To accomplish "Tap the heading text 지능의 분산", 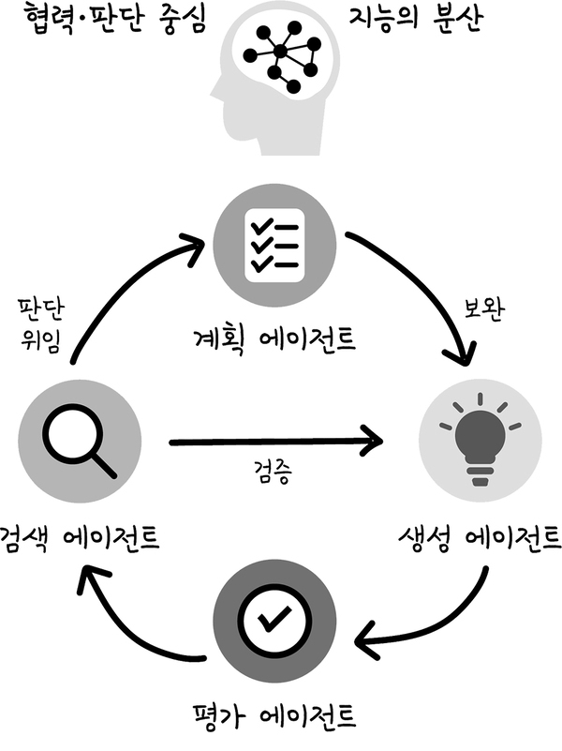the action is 415,19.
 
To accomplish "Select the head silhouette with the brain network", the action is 276,78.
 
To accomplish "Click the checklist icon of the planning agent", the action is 274,246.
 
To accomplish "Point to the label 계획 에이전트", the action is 274,339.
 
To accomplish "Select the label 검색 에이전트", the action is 79,537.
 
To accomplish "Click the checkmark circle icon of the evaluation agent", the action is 274,622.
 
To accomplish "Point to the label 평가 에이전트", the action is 274,716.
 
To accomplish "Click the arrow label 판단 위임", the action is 40,324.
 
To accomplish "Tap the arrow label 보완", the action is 484,308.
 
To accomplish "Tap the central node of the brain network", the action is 281,51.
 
